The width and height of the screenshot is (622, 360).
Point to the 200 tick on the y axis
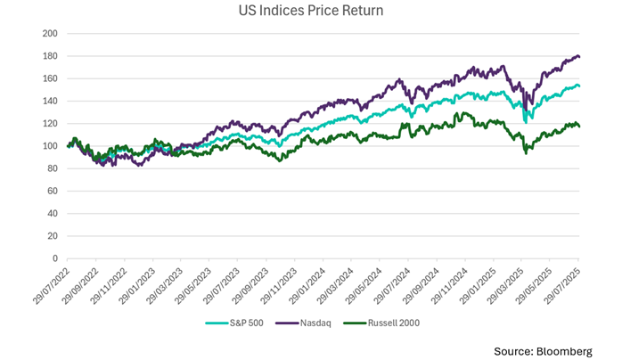pyautogui.click(x=50, y=34)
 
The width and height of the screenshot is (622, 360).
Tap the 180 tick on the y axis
pyautogui.click(x=50, y=56)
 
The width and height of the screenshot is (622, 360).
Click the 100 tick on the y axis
pyautogui.click(x=50, y=146)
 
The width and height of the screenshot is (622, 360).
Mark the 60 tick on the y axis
pyautogui.click(x=53, y=191)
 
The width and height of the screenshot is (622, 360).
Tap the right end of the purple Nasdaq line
pyautogui.click(x=580, y=57)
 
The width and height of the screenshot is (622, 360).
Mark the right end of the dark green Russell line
pyautogui.click(x=580, y=127)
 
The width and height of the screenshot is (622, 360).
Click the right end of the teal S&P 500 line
pyautogui.click(x=580, y=86)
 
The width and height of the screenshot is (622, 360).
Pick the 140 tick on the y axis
pyautogui.click(x=50, y=101)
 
